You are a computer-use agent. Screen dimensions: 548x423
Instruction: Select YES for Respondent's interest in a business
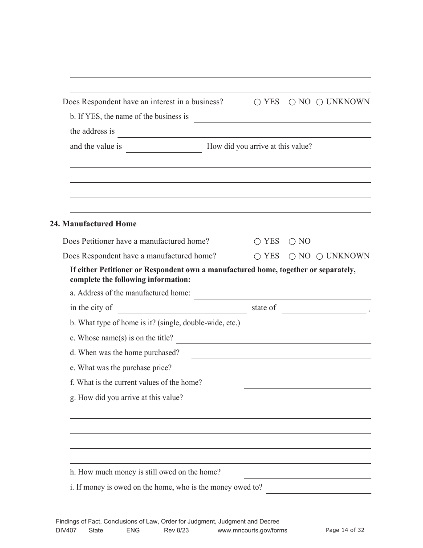click(257, 102)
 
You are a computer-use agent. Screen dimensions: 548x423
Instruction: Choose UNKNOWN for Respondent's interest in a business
click(320, 102)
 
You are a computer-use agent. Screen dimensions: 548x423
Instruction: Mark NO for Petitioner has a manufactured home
click(292, 241)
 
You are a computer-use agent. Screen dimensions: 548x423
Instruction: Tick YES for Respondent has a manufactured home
click(257, 256)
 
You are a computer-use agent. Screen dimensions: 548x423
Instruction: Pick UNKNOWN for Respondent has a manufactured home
click(320, 256)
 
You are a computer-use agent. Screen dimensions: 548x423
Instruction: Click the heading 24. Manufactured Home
click(93, 224)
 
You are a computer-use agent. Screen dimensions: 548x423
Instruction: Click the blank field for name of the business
click(282, 118)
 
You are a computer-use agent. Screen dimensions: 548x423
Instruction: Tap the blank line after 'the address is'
click(244, 132)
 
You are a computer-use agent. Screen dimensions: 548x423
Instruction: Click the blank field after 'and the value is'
click(164, 147)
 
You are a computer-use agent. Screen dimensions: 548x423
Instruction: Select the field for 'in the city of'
click(182, 309)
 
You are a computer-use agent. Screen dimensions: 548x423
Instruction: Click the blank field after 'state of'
click(324, 309)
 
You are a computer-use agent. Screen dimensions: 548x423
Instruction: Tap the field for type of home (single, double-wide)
click(307, 324)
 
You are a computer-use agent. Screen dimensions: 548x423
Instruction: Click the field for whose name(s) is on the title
click(273, 339)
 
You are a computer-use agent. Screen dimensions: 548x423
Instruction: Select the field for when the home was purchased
click(281, 354)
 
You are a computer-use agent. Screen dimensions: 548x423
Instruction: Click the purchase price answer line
click(307, 369)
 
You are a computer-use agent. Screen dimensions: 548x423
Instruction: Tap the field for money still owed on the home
click(307, 473)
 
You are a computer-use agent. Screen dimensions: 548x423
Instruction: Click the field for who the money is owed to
click(318, 488)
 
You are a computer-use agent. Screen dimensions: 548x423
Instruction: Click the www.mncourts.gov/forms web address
click(252, 530)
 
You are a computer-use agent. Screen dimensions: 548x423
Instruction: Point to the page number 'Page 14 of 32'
click(345, 530)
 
